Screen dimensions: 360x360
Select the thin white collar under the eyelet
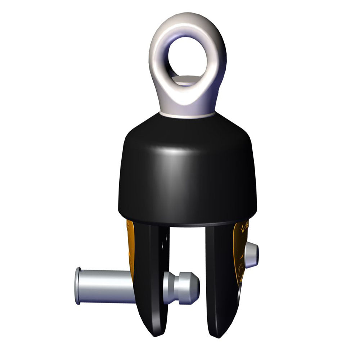[x=187, y=114]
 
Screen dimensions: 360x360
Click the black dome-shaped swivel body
[x=187, y=173]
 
